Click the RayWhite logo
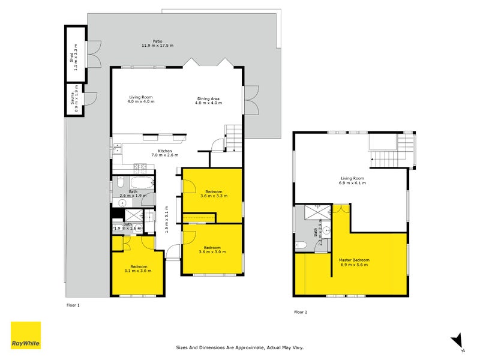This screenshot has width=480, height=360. pos(26,335)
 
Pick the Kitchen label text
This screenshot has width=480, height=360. pos(164,153)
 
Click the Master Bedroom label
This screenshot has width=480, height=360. pos(355,262)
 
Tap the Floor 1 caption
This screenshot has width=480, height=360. pos(73,305)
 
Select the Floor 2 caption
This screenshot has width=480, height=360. pos(300,312)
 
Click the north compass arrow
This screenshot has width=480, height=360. pos(457,339)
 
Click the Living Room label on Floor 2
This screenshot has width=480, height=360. pos(353,180)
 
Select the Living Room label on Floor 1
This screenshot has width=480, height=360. pos(141,100)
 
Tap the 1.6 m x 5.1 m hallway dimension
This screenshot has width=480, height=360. pos(166,219)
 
